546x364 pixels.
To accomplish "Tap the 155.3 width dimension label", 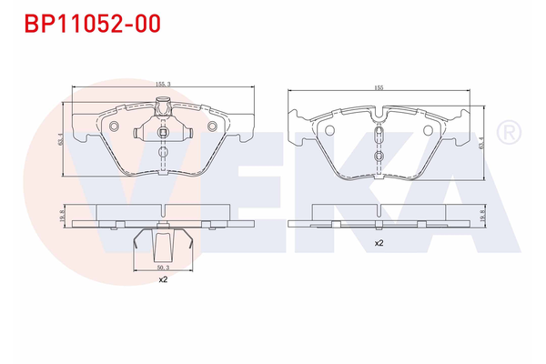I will (x=162, y=83).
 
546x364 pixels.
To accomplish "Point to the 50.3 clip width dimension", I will (x=162, y=268).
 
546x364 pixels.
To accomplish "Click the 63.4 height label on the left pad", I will (x=61, y=140).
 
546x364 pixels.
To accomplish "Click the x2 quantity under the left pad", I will (x=162, y=280).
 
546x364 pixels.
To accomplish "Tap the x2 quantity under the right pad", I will (x=378, y=244).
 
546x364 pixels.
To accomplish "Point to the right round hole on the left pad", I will (x=212, y=126).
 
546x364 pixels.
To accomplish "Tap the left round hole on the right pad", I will (x=330, y=128).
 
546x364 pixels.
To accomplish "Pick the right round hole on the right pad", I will (x=427, y=128).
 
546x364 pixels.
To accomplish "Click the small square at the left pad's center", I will (x=162, y=133).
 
